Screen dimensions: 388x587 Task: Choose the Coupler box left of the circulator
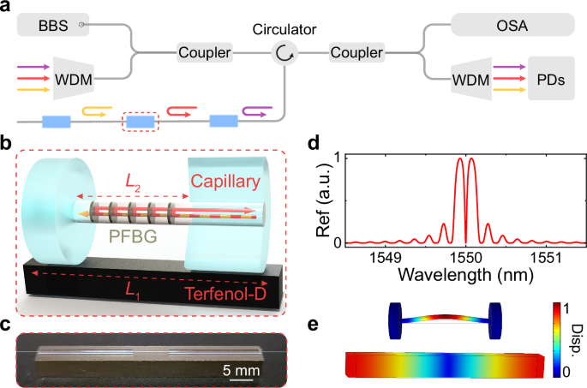(x=205, y=53)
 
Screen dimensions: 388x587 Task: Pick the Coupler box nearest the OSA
(x=356, y=53)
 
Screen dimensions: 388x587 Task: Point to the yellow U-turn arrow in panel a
(x=95, y=110)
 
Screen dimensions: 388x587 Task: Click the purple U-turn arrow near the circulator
(x=255, y=110)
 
